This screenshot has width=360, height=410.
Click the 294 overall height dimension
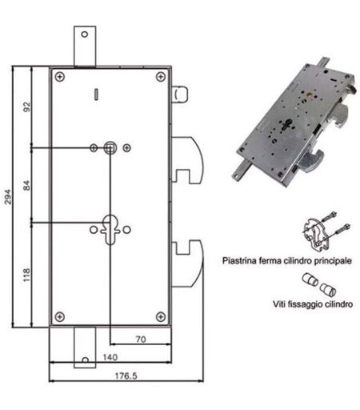(x=8, y=197)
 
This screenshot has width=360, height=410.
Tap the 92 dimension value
(x=27, y=107)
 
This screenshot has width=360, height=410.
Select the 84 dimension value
(x=27, y=185)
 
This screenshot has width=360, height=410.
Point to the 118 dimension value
(x=27, y=275)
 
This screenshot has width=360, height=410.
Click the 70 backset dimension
(x=141, y=339)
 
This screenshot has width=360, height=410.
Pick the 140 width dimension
(x=110, y=357)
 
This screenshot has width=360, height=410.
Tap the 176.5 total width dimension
(x=126, y=376)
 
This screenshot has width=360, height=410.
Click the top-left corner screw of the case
(x=60, y=77)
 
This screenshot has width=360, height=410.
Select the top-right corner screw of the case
(x=161, y=77)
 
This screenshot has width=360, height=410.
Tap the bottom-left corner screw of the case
(x=60, y=317)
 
